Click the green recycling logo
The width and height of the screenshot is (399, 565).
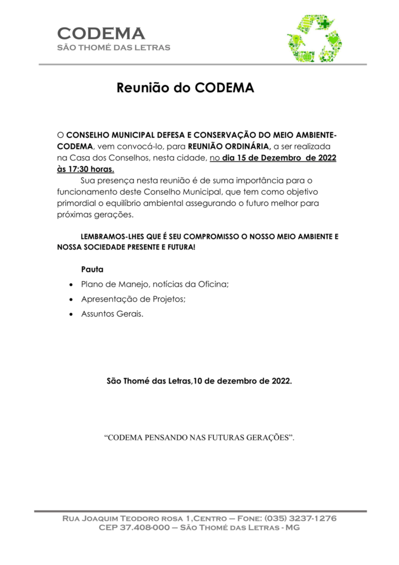[x=314, y=39]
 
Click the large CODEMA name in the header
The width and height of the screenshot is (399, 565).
[x=101, y=33]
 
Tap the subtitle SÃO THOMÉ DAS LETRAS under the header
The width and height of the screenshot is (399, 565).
[x=114, y=47]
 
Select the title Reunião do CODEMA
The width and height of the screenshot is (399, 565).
[x=185, y=88]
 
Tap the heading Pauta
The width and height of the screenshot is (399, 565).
[x=92, y=269]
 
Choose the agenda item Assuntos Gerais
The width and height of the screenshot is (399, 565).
[x=112, y=313]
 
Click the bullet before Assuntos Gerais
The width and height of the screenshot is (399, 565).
[x=71, y=314]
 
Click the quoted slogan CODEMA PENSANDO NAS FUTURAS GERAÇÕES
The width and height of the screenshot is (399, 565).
[x=199, y=438]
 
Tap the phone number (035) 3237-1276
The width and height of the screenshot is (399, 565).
[x=300, y=519]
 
